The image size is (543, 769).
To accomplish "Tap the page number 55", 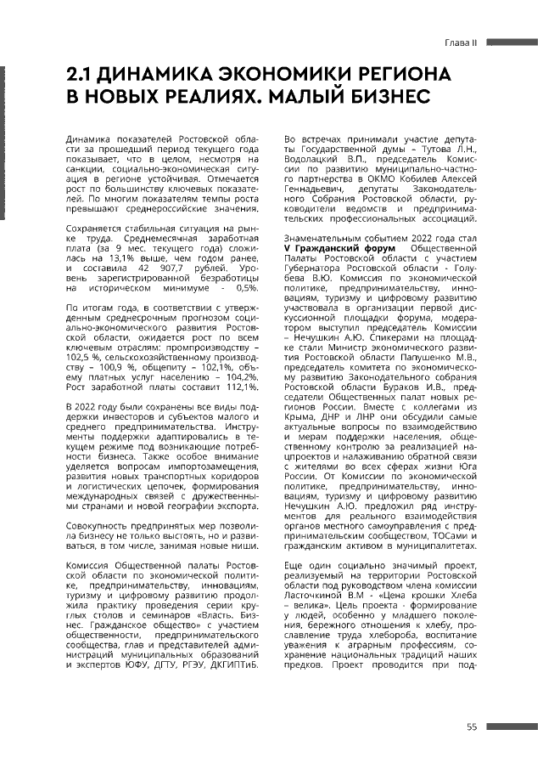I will (473, 726).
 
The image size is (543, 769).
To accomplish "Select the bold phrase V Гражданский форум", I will (339, 247).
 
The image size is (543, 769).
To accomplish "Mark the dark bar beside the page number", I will (512, 727).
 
